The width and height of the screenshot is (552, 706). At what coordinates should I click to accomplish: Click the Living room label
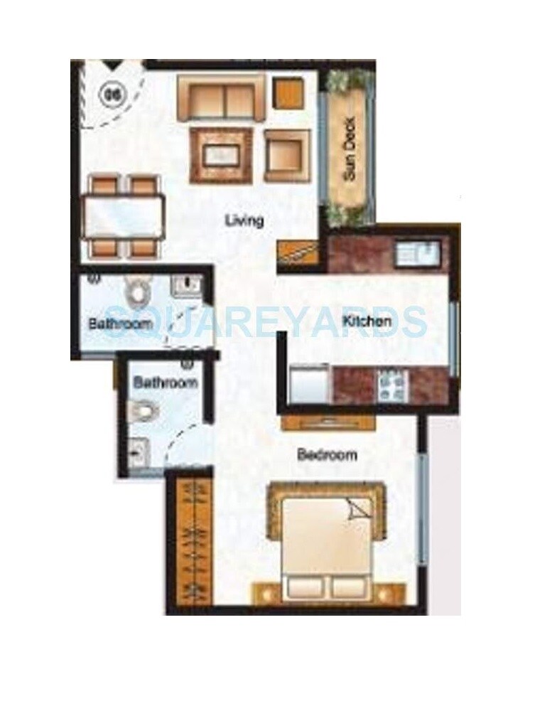click(x=244, y=220)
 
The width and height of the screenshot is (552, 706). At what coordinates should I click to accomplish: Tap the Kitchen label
click(x=367, y=321)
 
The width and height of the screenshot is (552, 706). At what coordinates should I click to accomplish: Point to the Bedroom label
click(x=327, y=454)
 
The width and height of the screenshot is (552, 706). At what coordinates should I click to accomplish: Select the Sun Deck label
click(x=350, y=159)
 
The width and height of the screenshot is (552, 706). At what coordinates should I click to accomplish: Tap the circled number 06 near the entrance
click(x=111, y=92)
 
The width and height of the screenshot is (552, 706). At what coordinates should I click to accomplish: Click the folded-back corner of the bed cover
click(x=359, y=509)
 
